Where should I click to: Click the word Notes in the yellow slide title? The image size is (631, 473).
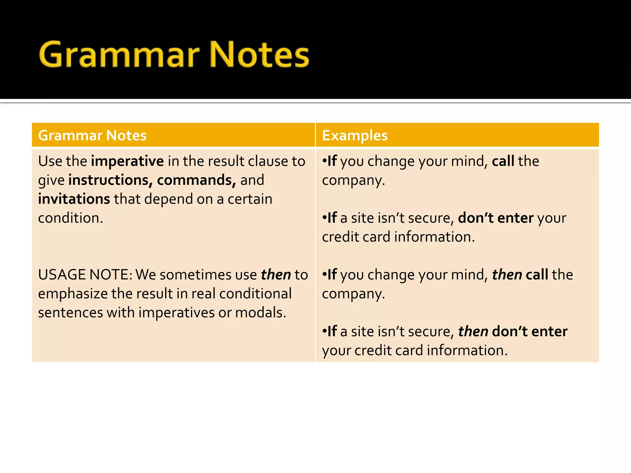[259, 55]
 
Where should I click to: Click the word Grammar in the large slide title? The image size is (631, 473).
[119, 55]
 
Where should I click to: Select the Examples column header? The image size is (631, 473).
[355, 135]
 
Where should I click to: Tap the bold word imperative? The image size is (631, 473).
[127, 161]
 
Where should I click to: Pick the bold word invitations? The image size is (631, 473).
[74, 199]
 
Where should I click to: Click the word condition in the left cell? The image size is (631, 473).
[70, 218]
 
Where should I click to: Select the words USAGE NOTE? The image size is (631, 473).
[85, 275]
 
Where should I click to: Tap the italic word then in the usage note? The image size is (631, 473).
[276, 275]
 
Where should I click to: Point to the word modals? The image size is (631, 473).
[261, 313]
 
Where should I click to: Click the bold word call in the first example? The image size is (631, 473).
[503, 161]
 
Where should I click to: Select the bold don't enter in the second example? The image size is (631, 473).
[495, 218]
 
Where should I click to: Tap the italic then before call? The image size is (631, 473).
[507, 275]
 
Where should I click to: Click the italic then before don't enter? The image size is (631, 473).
[473, 332]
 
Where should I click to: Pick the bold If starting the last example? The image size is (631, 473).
[332, 332]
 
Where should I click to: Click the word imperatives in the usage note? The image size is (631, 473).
[176, 313]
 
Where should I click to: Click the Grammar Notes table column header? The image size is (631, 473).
[92, 135]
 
